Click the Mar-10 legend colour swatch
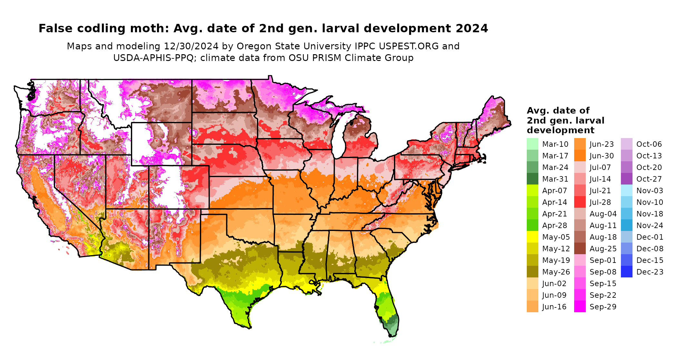point(532,144)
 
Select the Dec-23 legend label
point(650,272)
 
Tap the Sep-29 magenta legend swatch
point(580,307)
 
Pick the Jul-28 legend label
point(600,202)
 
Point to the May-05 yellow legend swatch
point(532,237)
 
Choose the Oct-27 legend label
point(649,179)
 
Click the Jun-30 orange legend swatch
point(580,156)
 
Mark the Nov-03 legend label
point(650,191)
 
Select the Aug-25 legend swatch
point(580,249)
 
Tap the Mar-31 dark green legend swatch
point(532,179)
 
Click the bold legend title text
point(565,120)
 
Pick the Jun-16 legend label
point(554,307)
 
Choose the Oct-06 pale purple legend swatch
point(626,144)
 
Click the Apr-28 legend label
point(554,225)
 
